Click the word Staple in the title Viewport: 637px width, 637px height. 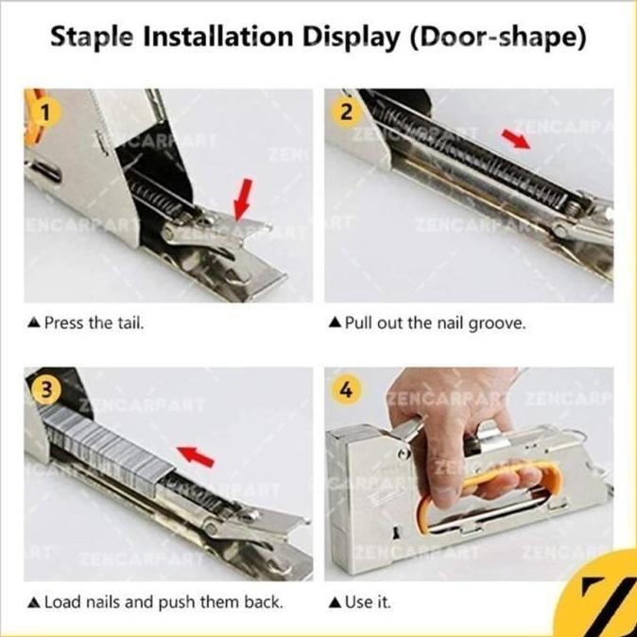[92, 38]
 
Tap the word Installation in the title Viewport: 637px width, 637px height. [217, 36]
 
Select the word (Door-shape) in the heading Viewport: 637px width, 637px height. [498, 38]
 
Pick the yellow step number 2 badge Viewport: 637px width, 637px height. [346, 112]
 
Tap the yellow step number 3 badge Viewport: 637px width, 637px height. [45, 390]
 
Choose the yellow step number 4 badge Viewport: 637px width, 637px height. [346, 390]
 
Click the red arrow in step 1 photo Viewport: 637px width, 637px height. [243, 199]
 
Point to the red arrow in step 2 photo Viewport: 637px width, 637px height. [515, 139]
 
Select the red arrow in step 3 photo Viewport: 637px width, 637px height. [196, 456]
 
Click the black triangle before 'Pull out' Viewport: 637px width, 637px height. [335, 322]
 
